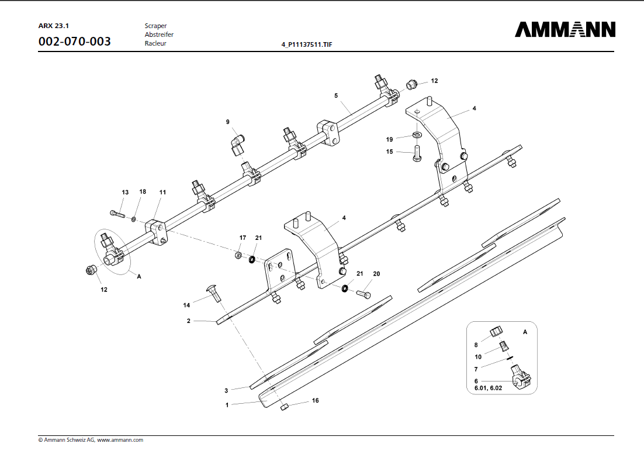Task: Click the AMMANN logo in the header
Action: tap(565, 30)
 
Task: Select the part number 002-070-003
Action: tap(74, 42)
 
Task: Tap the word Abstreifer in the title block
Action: tap(159, 35)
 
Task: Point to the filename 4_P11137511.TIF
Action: tap(307, 44)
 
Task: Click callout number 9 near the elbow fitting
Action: tap(228, 122)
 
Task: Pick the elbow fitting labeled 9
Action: tap(237, 143)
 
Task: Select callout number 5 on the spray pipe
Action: tap(336, 95)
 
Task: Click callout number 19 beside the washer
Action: tap(389, 139)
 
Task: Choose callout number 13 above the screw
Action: tap(125, 193)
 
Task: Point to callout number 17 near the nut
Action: tap(243, 238)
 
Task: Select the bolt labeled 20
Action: tap(363, 293)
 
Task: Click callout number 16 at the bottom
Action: tap(316, 401)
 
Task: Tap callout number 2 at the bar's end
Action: tap(189, 321)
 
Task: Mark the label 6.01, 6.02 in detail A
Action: tap(488, 389)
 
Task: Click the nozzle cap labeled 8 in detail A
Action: tap(497, 332)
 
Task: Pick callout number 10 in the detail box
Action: tap(478, 357)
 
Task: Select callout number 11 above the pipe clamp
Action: tap(162, 193)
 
